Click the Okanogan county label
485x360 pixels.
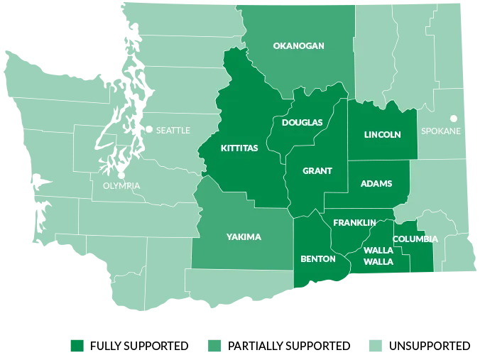coord(298,46)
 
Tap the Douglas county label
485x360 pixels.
coord(302,123)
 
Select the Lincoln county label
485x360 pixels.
coord(382,135)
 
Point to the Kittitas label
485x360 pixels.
coord(239,149)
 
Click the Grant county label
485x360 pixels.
coord(317,171)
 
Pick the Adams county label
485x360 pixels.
coord(376,184)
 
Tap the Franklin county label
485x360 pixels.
coord(354,223)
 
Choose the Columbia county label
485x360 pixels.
coord(415,239)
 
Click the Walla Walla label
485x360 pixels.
coord(378,256)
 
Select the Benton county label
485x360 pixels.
coord(318,259)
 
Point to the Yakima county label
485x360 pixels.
coord(244,237)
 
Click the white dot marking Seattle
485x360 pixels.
coord(149,129)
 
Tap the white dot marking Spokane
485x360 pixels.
coord(454,119)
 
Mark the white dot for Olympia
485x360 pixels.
coord(121,173)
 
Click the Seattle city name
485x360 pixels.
coord(173,130)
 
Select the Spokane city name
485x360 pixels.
coord(441,131)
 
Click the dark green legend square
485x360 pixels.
coord(77,345)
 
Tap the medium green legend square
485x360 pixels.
coord(213,345)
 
